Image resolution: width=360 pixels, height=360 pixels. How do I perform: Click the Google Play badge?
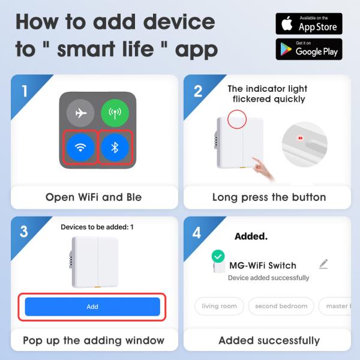click(x=308, y=49)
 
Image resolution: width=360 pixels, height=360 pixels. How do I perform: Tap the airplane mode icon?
click(x=80, y=113)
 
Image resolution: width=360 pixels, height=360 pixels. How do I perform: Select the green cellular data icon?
click(x=115, y=113)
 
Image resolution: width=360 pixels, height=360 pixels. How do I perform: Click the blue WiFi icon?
click(x=80, y=148)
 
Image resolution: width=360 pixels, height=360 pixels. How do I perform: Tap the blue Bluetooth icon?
click(x=115, y=148)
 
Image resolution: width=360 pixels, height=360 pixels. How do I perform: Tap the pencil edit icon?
click(x=324, y=263)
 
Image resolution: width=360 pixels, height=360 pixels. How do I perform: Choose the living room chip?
click(x=219, y=306)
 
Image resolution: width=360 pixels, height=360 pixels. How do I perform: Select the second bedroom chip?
click(x=281, y=306)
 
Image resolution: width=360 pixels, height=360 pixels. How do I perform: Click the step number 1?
click(x=25, y=91)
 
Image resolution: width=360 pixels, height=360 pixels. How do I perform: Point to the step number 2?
click(x=198, y=91)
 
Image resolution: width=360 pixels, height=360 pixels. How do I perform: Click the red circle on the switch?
click(x=238, y=118)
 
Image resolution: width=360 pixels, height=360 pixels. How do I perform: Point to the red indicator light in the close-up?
click(x=298, y=138)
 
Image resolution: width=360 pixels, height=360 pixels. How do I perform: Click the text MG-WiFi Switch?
click(x=263, y=265)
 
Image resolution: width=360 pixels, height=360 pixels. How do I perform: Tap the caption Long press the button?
click(x=269, y=197)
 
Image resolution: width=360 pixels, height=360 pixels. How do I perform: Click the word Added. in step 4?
click(x=251, y=236)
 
